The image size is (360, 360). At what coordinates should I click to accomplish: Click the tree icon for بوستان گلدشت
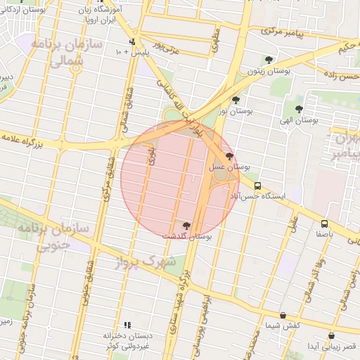coord(186,226)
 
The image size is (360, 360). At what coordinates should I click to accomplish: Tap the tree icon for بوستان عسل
coord(229,156)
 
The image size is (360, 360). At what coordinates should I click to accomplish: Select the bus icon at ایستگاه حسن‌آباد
coord(258,186)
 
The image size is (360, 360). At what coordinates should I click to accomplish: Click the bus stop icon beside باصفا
coord(324,223)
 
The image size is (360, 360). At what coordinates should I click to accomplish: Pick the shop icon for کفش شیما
coord(283,316)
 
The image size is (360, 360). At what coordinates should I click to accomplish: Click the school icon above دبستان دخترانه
coord(127,325)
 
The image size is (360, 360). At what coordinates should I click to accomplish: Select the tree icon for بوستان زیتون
coord(269,60)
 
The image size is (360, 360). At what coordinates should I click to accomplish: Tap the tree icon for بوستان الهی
coord(300,109)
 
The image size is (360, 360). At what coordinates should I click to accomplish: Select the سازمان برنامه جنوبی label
coord(42,236)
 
